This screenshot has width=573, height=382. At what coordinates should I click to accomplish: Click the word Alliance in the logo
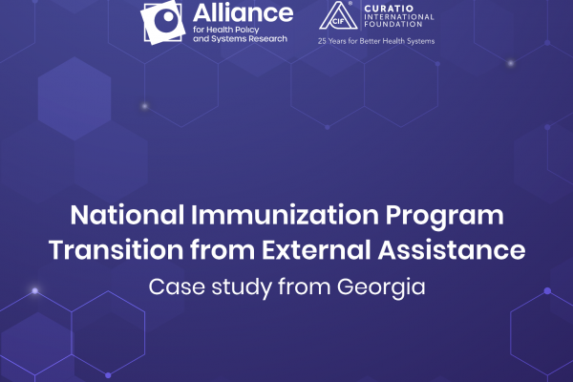243,13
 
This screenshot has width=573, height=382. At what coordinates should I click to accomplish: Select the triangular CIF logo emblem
338,15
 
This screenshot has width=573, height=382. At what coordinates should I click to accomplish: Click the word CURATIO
389,9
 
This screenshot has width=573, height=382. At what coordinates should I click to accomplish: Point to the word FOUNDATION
393,24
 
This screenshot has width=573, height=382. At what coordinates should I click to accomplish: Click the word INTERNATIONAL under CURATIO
399,17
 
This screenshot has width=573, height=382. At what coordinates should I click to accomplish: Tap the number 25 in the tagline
322,41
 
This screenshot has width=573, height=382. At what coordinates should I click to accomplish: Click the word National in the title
127,215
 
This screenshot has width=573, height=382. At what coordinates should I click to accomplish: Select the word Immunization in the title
285,215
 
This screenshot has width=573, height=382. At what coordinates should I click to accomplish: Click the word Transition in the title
116,249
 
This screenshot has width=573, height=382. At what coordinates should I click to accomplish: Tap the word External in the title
316,249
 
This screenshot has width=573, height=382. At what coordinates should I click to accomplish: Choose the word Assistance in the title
452,249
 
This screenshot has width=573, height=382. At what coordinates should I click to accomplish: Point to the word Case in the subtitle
177,286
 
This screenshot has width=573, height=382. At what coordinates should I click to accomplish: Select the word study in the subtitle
242,288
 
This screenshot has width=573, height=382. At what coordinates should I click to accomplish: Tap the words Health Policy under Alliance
233,30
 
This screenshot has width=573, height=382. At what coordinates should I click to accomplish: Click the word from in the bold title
223,249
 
